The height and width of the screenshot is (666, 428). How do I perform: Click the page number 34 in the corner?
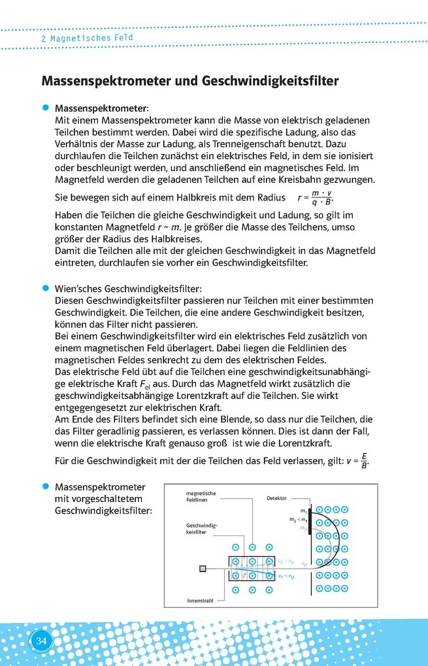tap(41, 641)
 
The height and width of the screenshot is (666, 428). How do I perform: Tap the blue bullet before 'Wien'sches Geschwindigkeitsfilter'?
tap(45, 288)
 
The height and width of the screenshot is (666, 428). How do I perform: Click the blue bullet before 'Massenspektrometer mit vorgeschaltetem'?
tap(45, 486)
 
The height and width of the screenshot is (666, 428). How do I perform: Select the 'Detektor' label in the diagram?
tap(276, 498)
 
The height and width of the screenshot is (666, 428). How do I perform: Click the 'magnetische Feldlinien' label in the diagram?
tap(201, 497)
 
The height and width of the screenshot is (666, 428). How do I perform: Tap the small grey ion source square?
tap(203, 569)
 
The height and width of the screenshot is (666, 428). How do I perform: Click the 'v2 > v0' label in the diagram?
tap(286, 561)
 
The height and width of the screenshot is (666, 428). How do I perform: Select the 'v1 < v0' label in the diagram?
tap(286, 577)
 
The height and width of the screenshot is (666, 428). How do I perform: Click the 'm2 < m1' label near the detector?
tap(299, 519)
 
